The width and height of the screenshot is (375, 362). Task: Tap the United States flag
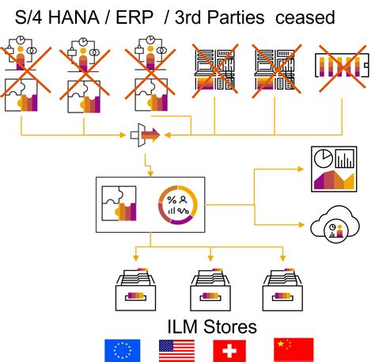pyautogui.click(x=176, y=350)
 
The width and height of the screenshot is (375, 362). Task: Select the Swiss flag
pyautogui.click(x=229, y=350)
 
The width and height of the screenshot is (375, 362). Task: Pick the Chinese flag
pyautogui.click(x=293, y=350)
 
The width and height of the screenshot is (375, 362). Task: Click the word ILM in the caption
pyautogui.click(x=185, y=326)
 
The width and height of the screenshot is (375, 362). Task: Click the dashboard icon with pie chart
pyautogui.click(x=335, y=168)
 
